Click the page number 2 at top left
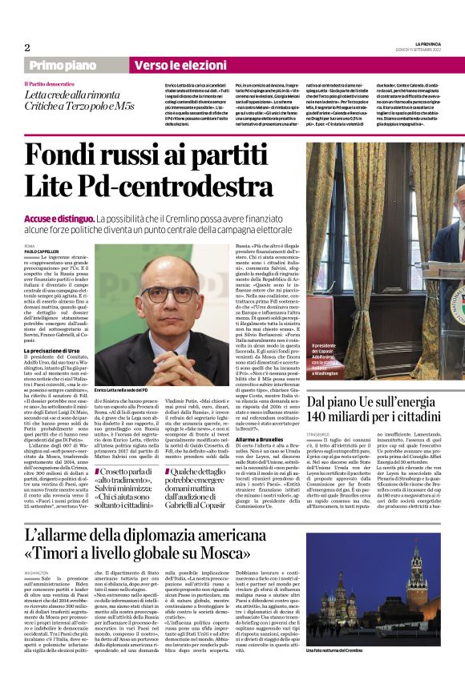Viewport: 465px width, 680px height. click(x=27, y=46)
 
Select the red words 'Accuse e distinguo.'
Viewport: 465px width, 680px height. click(x=58, y=218)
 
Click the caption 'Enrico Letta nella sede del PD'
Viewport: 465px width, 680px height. click(x=127, y=389)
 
